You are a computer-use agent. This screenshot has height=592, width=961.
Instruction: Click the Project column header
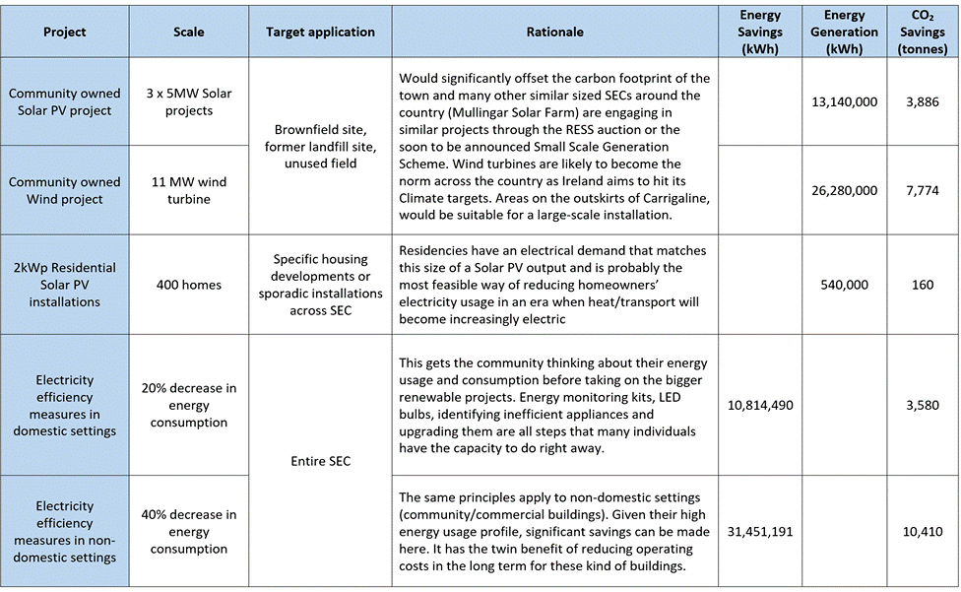[x=65, y=32]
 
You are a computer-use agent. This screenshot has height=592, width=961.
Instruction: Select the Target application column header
[x=320, y=32]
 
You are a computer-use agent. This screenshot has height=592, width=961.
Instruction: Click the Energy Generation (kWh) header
[x=845, y=32]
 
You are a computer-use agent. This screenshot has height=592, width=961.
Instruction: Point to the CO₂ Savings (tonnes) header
[x=924, y=32]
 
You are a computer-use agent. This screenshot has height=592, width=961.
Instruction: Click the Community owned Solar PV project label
[x=65, y=102]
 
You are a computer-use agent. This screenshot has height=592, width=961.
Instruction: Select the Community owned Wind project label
[x=65, y=190]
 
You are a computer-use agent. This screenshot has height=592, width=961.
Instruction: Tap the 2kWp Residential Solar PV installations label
[x=65, y=285]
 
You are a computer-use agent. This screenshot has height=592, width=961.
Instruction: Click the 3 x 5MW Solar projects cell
[x=189, y=102]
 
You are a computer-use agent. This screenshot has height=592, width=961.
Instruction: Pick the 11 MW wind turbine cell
[x=189, y=190]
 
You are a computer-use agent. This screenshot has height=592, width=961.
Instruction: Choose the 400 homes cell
[x=189, y=285]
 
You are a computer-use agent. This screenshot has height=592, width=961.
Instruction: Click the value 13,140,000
[x=845, y=102]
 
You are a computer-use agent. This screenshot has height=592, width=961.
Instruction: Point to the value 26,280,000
[x=845, y=190]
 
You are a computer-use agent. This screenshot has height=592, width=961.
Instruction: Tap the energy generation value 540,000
[x=845, y=285]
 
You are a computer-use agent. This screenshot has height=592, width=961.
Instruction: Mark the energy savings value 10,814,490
[x=759, y=405]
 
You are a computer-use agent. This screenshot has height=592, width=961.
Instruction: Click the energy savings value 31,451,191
[x=759, y=531]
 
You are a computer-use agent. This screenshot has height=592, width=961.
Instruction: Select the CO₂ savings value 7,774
[x=923, y=190]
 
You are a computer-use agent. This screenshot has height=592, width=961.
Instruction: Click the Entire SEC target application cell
[x=320, y=461]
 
